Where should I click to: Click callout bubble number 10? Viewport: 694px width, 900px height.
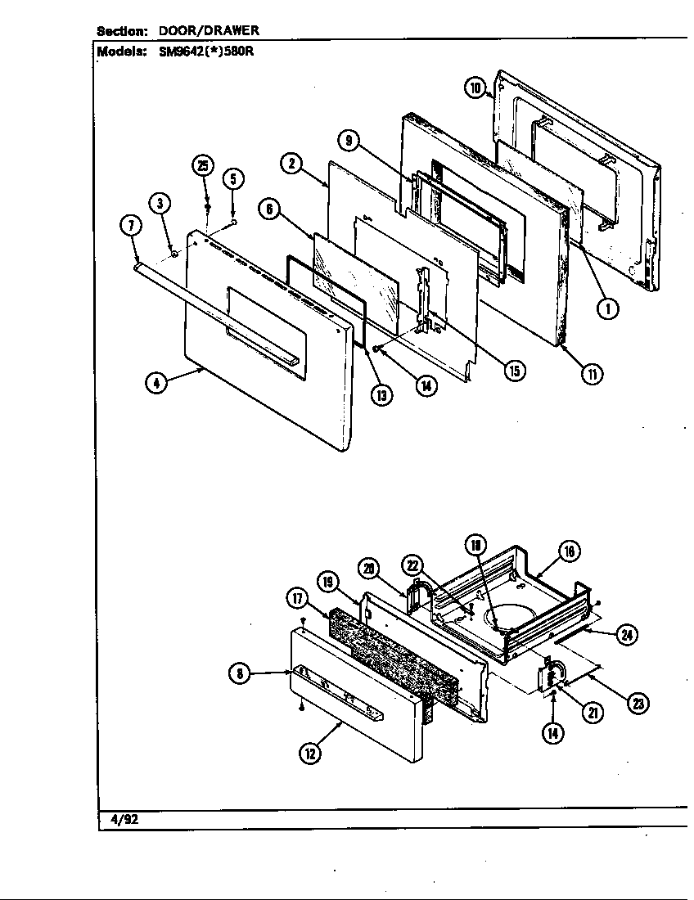(475, 88)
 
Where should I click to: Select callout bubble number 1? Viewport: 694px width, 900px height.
(607, 308)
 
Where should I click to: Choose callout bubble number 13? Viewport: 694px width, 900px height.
(381, 394)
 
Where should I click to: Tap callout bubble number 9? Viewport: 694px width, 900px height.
(350, 142)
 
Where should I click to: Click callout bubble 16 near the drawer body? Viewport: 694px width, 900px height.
(570, 551)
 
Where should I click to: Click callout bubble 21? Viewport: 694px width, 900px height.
(591, 713)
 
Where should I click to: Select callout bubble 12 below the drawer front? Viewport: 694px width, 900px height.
(310, 754)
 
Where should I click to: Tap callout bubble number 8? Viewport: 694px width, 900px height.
(239, 673)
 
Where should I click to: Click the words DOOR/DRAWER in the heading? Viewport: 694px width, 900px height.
(209, 30)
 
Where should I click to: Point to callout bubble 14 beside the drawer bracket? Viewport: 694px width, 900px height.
(553, 733)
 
